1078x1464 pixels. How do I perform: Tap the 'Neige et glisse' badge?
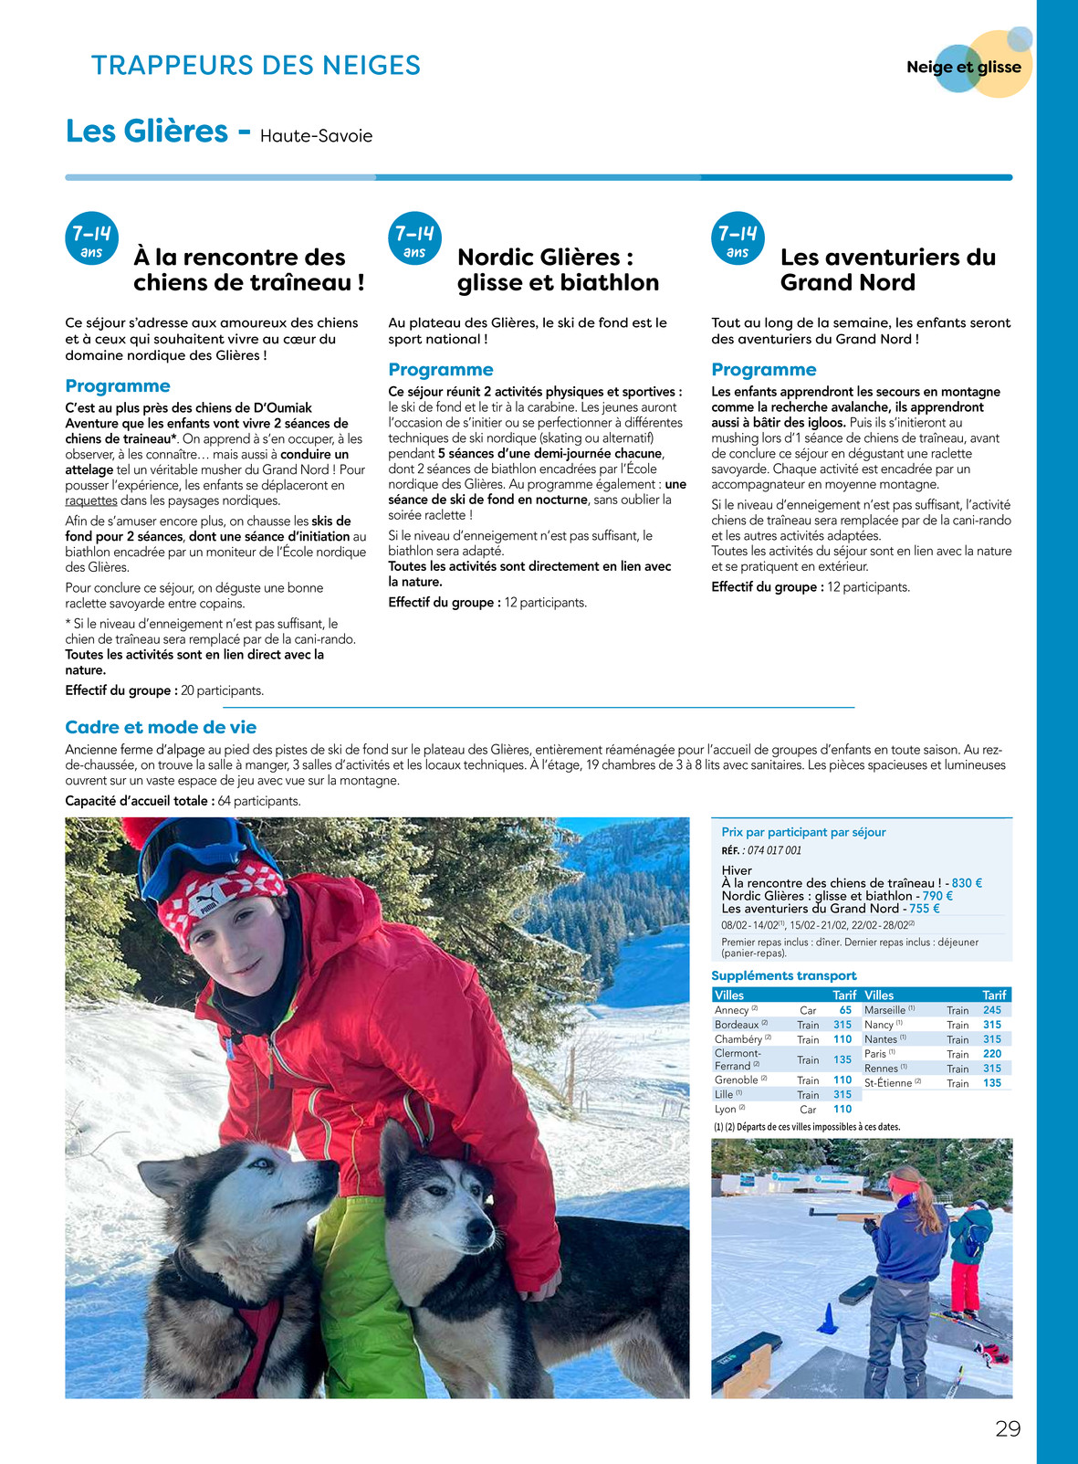(964, 67)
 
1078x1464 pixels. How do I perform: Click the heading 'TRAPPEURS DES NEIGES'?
(256, 66)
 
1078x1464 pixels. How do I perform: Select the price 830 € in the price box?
(966, 883)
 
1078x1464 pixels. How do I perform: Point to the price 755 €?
(924, 909)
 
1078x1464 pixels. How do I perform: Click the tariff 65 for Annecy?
(845, 1010)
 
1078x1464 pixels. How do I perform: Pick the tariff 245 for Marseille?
(992, 1010)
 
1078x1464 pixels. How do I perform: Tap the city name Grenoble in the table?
(737, 1080)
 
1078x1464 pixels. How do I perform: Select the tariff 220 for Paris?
(992, 1054)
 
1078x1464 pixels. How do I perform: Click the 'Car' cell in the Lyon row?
(808, 1110)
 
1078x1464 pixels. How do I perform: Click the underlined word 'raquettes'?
(91, 501)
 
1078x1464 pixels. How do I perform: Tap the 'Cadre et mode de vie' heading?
(161, 727)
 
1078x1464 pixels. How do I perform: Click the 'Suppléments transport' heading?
(784, 975)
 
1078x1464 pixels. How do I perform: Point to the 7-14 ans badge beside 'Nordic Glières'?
(414, 239)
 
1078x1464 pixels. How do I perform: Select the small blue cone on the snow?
(828, 1318)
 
